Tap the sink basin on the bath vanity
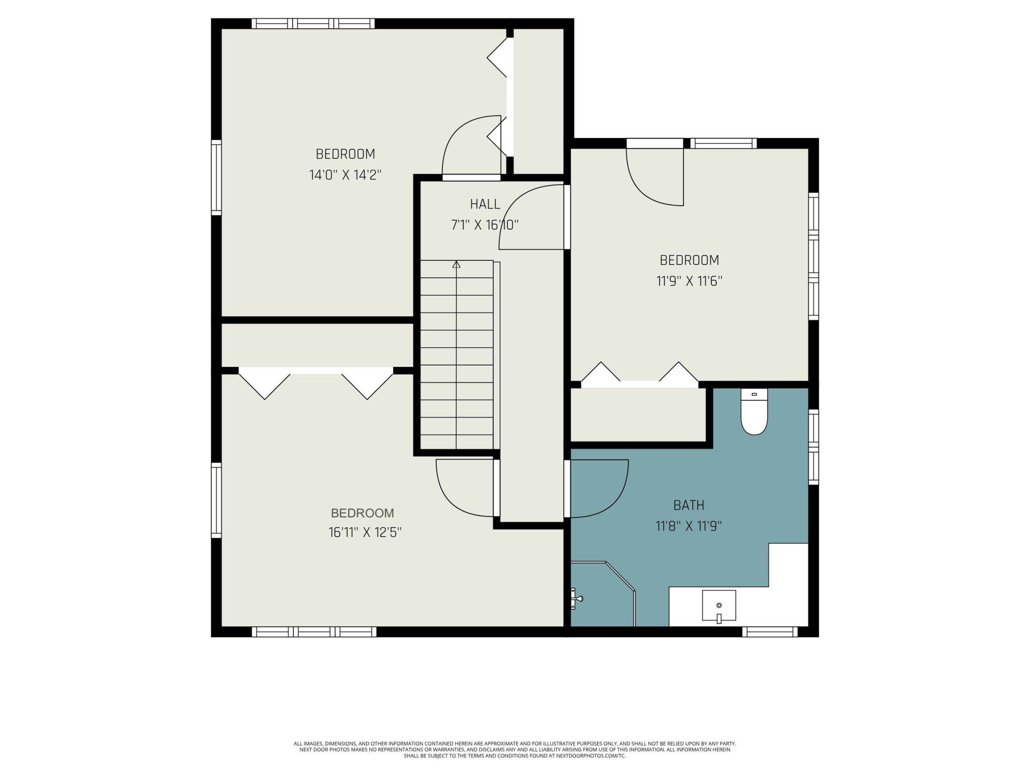[719, 606]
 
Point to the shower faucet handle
[577, 599]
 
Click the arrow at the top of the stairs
[456, 264]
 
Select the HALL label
[485, 204]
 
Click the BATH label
[689, 505]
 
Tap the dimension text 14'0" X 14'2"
[345, 175]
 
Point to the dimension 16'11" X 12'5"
[365, 532]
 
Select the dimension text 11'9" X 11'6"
[689, 281]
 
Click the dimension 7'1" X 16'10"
[485, 225]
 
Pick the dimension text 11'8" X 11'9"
[689, 526]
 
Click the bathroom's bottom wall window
[770, 632]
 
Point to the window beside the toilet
[813, 446]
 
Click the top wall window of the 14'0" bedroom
[313, 23]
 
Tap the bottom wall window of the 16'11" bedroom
[314, 632]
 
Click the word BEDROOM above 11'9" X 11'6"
[689, 260]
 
